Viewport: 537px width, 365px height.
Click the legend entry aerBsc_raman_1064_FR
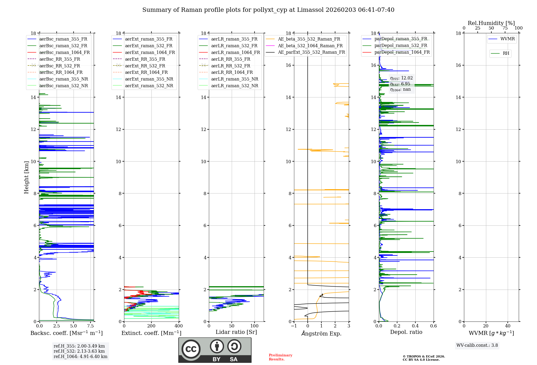tap(64, 53)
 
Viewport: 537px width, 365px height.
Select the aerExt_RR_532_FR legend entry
tap(145, 66)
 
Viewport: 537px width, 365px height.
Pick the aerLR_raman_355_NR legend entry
tap(234, 79)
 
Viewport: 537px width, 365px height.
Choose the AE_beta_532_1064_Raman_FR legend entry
tap(310, 46)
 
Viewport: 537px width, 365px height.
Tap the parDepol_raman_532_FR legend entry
tap(401, 46)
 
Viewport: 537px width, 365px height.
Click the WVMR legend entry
tap(507, 39)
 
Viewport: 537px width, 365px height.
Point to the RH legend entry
tap(506, 53)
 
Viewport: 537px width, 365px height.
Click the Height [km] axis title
tap(26, 177)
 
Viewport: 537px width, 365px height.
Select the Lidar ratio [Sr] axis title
tap(236, 332)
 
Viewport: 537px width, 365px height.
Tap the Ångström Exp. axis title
tap(321, 334)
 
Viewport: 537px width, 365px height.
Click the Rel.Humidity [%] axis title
tap(491, 23)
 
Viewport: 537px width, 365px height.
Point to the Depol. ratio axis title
tap(406, 332)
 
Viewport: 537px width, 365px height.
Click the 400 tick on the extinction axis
tap(179, 326)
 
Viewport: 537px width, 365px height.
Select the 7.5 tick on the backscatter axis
tap(90, 326)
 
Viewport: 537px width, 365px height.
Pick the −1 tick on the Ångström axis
tap(294, 326)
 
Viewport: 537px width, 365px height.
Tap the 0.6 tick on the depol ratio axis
tap(433, 326)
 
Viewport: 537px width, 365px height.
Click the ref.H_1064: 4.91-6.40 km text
tap(81, 357)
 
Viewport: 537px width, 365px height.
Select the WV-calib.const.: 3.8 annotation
tap(477, 345)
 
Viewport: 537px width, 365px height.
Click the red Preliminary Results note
tap(280, 357)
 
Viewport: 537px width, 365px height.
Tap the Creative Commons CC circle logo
tap(191, 349)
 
